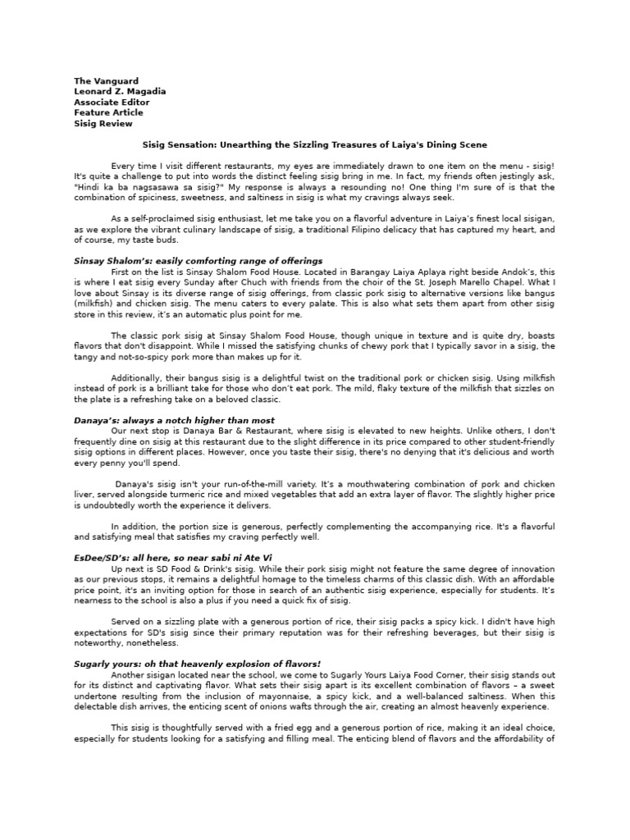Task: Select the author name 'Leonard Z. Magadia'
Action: point(120,92)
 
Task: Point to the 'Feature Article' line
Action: point(108,112)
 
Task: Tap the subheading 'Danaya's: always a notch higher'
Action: point(174,419)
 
